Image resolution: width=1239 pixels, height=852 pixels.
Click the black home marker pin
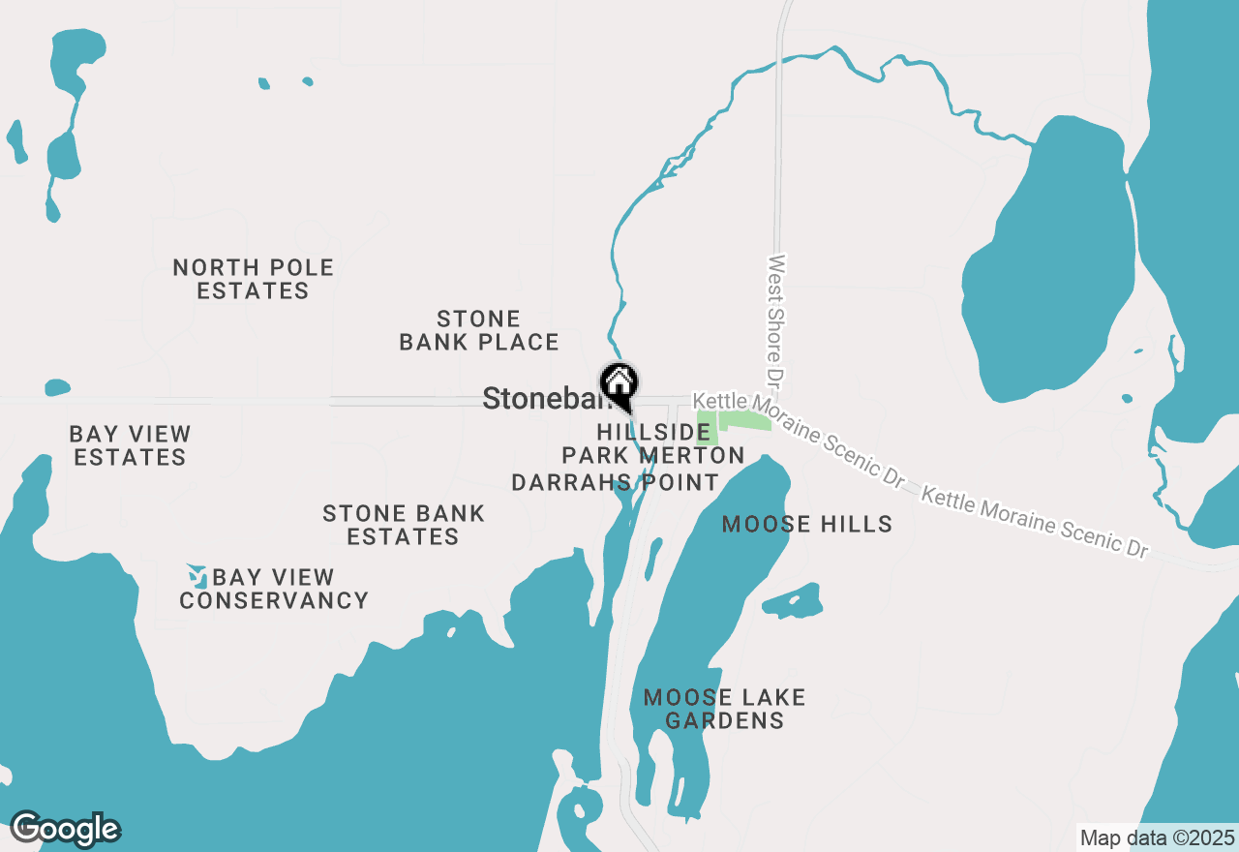coord(619,384)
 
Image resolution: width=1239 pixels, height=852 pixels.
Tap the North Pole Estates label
coord(253,279)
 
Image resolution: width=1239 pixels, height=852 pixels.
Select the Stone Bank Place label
coord(479,330)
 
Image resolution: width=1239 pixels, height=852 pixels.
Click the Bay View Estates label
coord(130,445)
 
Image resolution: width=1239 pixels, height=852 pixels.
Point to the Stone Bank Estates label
coord(403,525)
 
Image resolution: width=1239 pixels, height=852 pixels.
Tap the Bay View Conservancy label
coord(274,589)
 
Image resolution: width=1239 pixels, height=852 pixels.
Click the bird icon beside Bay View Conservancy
coord(197,577)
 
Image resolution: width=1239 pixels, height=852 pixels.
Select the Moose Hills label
coord(807,525)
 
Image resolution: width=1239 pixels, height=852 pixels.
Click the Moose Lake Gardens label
coord(724,709)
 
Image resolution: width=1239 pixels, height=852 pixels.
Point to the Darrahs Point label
coord(615,482)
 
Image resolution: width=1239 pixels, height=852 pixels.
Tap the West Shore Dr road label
coord(775,319)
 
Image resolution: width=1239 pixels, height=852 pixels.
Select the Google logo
coord(65,829)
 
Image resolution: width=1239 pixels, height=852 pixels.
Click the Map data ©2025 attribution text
coord(1157,837)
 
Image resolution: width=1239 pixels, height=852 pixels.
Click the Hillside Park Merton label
coord(653,442)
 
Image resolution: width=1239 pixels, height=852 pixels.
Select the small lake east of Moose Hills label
coord(794,602)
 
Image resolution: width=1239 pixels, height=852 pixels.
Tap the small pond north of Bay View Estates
coord(57,388)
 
